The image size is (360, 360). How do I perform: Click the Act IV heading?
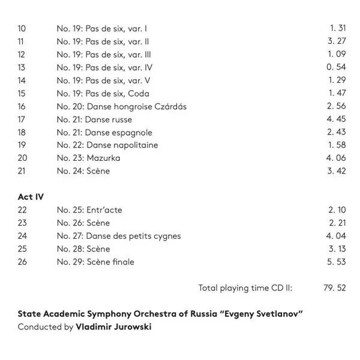tap(31, 197)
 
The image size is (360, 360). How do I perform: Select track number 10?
tap(22, 29)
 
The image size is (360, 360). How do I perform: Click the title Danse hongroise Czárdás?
tap(137, 106)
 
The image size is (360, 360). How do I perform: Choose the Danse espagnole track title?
tap(119, 133)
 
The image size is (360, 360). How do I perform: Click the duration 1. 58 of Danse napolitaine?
tap(337, 145)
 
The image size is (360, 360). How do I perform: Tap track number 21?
tap(22, 171)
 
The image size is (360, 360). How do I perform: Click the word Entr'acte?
tap(104, 210)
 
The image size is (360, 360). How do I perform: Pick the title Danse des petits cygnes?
tap(134, 236)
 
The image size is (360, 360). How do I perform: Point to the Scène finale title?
tap(110, 262)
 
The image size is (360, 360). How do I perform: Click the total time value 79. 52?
tap(335, 288)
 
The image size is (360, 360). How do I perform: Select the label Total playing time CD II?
tap(245, 288)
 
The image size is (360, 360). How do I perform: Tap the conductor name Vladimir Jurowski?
tap(114, 328)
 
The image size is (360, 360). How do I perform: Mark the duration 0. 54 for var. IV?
tap(336, 68)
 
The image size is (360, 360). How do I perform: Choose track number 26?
tap(23, 262)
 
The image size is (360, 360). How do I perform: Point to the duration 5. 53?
tap(337, 262)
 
